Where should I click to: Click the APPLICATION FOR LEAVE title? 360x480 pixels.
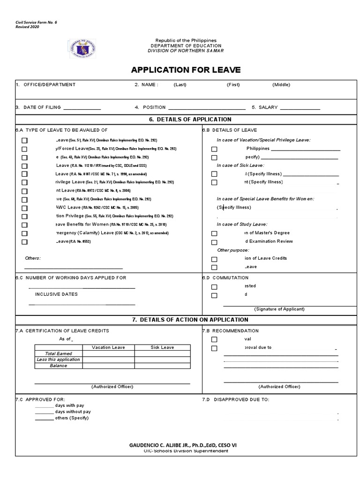tap(186, 70)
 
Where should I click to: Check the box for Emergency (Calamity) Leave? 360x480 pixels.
tap(24, 233)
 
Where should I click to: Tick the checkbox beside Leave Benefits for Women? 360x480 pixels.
tap(24, 225)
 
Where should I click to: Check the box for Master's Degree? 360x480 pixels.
tap(214, 233)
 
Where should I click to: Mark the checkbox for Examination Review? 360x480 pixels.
tap(214, 242)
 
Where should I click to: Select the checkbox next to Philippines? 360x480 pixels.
tap(214, 149)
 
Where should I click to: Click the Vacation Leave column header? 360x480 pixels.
tap(108, 347)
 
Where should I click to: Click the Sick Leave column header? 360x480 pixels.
tap(162, 347)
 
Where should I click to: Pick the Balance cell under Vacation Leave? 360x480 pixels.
tap(108, 366)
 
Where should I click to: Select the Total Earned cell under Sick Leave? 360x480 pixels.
tap(162, 353)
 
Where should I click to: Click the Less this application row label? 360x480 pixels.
tap(59, 360)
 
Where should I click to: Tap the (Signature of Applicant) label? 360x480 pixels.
tap(279, 309)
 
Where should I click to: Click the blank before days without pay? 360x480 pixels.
tap(44, 412)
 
